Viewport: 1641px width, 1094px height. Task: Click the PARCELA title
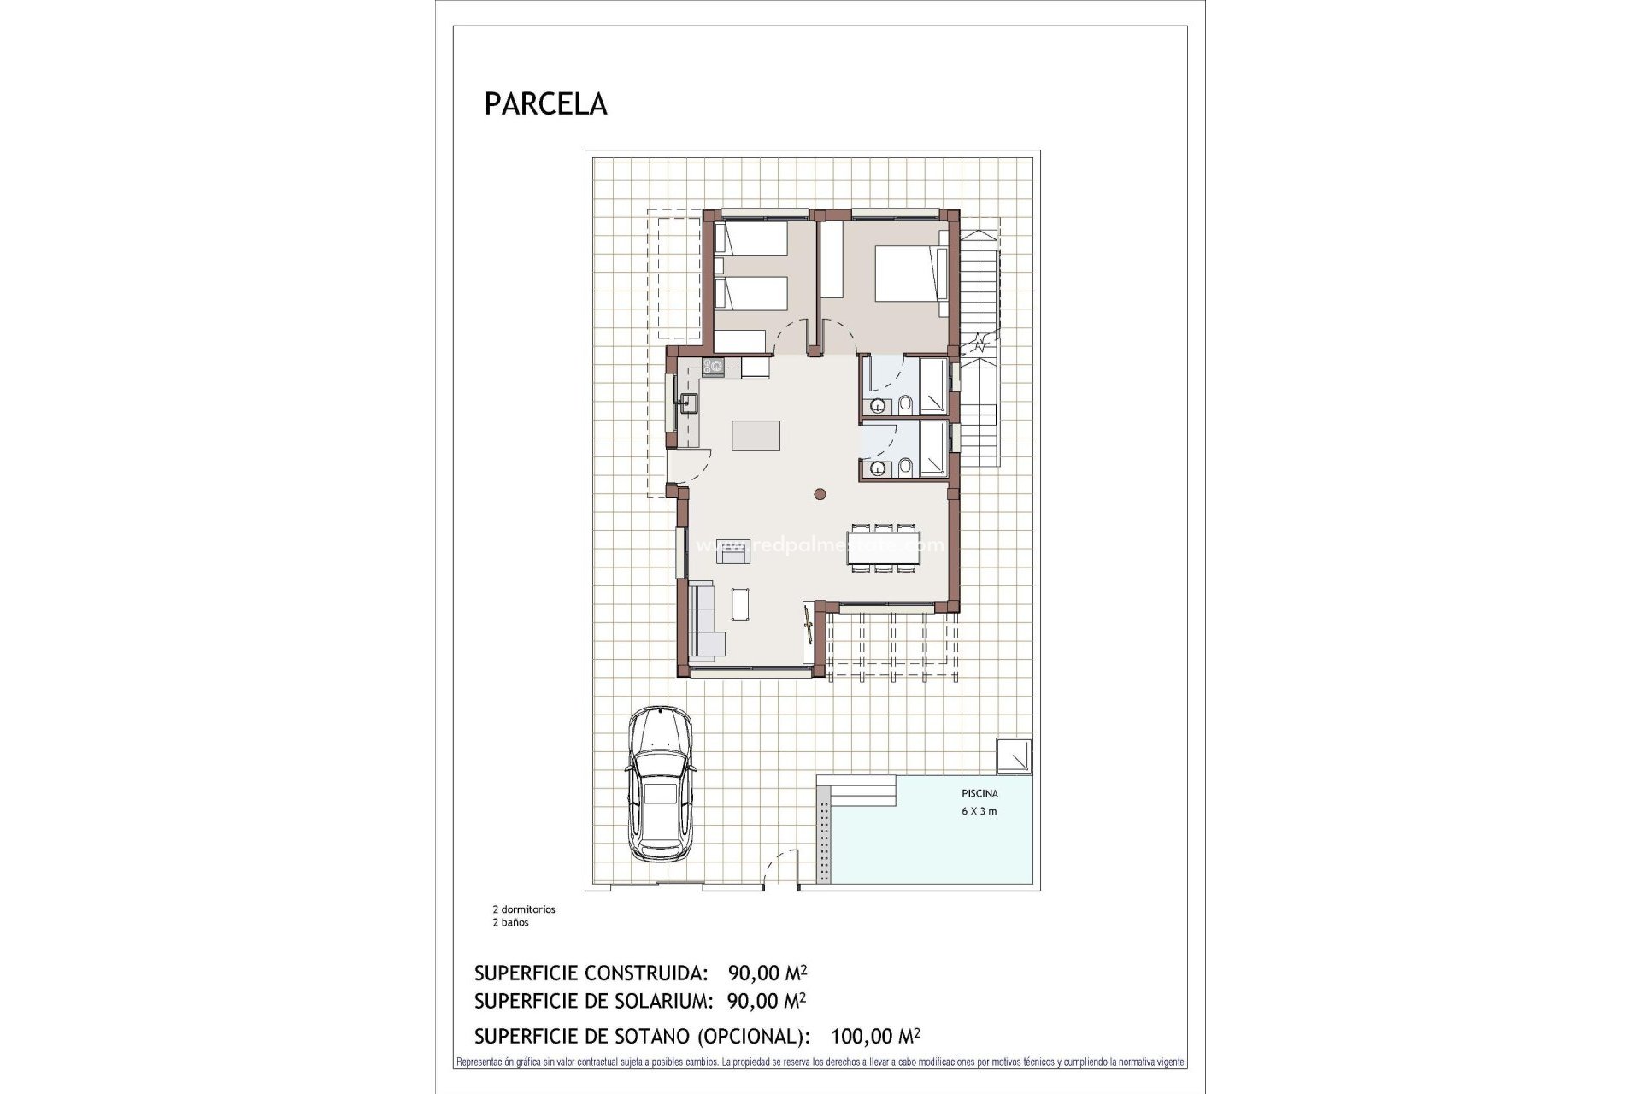point(545,104)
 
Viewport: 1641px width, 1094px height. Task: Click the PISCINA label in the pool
point(979,793)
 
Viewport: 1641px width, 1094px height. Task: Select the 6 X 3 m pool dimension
point(979,811)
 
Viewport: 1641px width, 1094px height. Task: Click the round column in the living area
point(820,492)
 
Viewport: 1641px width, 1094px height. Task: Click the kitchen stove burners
point(713,368)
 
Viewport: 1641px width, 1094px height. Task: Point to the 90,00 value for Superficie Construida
point(754,973)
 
